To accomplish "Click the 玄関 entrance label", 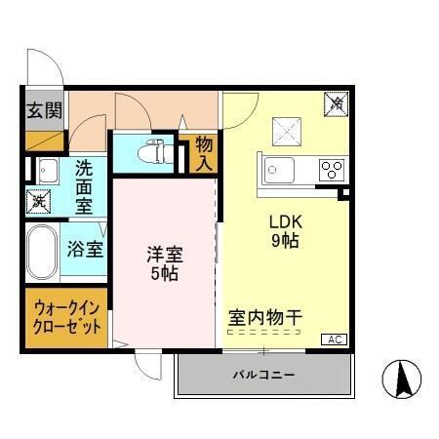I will tap(40, 108).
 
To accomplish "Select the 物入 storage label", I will tap(204, 153).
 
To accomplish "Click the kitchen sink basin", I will tap(280, 170).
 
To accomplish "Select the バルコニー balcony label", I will tap(262, 375).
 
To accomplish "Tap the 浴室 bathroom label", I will tap(85, 249).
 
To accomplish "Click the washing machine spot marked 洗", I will tap(38, 202).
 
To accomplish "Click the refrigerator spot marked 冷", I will tap(336, 101).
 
